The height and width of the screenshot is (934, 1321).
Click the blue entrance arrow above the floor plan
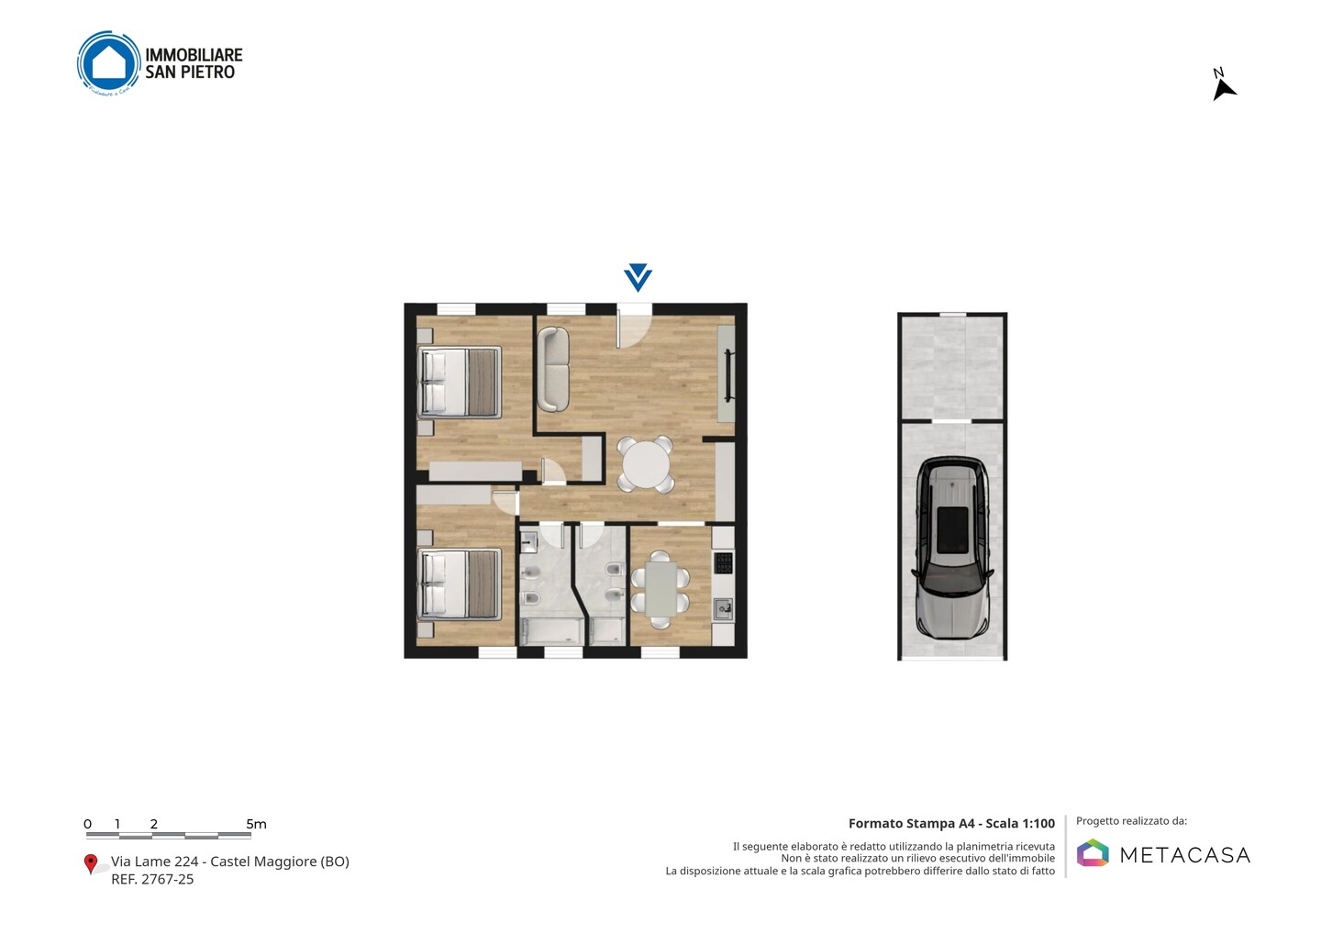[x=638, y=277]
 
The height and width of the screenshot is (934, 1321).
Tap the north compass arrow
[x=1223, y=90]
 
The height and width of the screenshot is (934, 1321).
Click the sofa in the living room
[x=553, y=370]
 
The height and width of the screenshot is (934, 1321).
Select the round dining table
[x=646, y=464]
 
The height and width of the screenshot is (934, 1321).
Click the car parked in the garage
[x=952, y=548]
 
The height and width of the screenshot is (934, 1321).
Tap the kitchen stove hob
[x=724, y=562]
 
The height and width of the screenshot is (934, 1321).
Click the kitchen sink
[x=724, y=609]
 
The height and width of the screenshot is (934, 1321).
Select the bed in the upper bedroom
[x=460, y=382]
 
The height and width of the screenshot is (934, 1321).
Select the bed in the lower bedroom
[x=460, y=584]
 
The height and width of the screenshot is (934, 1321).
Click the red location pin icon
[x=90, y=864]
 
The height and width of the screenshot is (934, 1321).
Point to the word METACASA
[x=1185, y=855]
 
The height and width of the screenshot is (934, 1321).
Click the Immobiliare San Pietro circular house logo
[x=109, y=63]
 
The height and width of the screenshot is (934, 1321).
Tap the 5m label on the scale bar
[x=257, y=824]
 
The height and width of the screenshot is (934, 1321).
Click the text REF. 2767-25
[x=152, y=879]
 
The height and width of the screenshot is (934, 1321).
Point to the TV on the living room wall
[x=728, y=375]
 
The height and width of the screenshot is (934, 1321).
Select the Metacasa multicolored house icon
[x=1093, y=852]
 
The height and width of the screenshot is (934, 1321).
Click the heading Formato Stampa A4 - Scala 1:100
[x=951, y=824]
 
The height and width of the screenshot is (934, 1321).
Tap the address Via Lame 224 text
[x=154, y=862]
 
